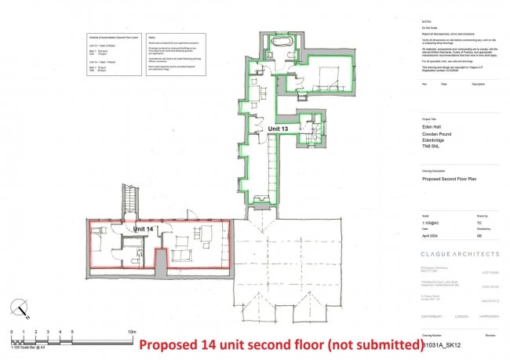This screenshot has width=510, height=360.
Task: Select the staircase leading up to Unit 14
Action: pos(129,202)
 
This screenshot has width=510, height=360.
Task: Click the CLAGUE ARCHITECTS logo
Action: pos(459,254)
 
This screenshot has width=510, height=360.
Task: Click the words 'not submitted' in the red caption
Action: pos(376,344)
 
